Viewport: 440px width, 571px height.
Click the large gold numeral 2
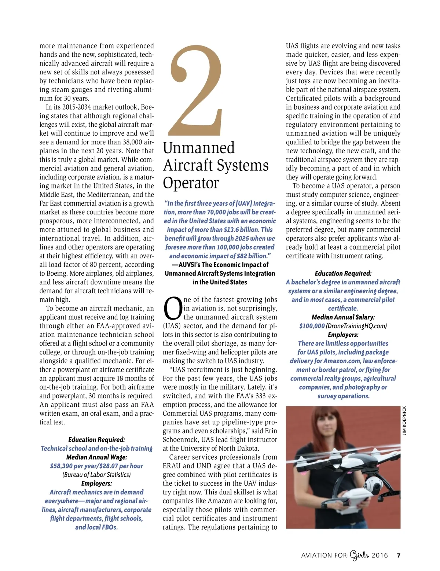pos(197,92)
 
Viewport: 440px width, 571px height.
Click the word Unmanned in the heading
pos(199,148)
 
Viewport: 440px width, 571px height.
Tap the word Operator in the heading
pos(191,183)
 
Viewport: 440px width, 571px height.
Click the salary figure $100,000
pos(312,326)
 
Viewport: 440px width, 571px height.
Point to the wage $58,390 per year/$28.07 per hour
pos(96,466)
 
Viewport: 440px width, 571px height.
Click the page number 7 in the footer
pos(399,555)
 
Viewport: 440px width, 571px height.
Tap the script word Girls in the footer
pos(359,555)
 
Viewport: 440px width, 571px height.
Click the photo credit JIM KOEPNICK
pos(404,421)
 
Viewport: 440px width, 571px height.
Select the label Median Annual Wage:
pos(96,457)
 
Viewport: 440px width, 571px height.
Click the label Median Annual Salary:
pos(343,317)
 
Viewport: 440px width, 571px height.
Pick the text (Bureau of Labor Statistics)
pos(96,475)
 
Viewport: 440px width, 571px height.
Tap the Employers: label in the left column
pos(96,483)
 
